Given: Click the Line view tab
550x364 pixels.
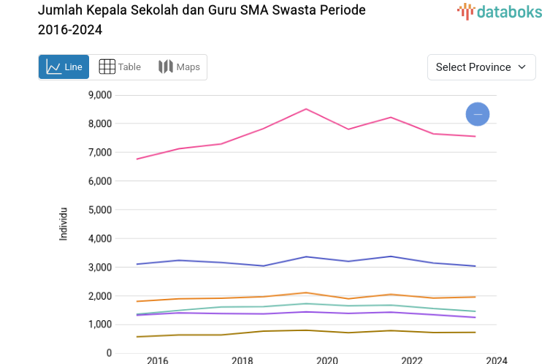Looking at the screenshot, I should pos(64,67).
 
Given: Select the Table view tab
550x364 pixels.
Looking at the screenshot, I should pos(120,67).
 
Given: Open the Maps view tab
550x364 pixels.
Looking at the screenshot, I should pos(179,67).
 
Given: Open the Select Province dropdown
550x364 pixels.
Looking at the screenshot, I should pos(481,67).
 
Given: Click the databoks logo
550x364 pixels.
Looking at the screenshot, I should pos(500,11).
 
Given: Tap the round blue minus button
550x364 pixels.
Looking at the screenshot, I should pos(478,114).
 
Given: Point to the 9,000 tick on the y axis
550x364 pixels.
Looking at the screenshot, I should pos(99,95).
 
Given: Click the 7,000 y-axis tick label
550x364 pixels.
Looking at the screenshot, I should pos(99,152).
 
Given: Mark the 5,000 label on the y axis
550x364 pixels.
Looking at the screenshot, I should pos(99,210).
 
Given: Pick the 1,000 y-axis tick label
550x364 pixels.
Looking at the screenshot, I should pos(99,325).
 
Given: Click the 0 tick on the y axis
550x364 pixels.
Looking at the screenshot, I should pos(109,353).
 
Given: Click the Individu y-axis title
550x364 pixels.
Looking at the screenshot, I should pos(64,224).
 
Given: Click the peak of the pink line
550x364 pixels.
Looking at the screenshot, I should pos(306,109).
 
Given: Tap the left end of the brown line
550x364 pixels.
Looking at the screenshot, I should pos(137,337).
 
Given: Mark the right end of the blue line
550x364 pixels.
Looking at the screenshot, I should pos(475,266).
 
